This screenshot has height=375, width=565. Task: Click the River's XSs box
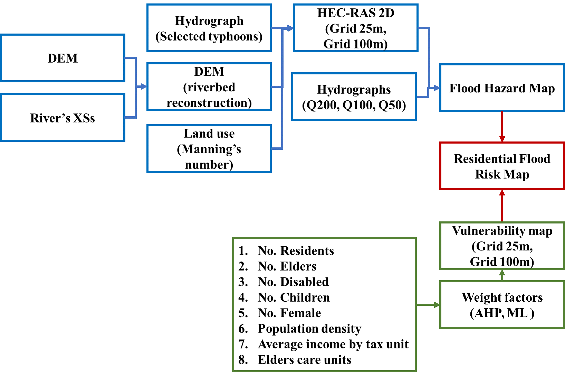[x=63, y=118]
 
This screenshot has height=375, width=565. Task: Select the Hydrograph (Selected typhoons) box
[x=209, y=28]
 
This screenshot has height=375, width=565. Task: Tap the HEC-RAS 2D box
[x=355, y=28]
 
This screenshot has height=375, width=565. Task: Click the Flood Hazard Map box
[x=502, y=88]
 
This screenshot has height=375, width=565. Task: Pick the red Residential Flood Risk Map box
[x=502, y=166]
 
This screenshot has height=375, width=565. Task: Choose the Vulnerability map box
[x=502, y=246]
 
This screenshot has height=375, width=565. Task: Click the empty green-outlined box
[x=502, y=305]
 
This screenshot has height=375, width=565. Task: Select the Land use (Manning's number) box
[x=209, y=149]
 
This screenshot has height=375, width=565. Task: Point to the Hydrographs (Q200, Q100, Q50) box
[x=354, y=97]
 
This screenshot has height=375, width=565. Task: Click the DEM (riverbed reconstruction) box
[x=209, y=87]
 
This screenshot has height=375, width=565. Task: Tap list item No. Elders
[x=287, y=266]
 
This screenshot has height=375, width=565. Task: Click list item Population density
[x=309, y=329]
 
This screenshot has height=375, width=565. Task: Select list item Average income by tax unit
[x=333, y=344]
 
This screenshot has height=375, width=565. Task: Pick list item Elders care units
[x=304, y=360]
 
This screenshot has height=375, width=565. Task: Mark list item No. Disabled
[x=293, y=282]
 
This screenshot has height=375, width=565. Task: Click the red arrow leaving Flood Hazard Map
[x=502, y=127]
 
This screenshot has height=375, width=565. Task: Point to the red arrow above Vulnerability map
[x=502, y=206]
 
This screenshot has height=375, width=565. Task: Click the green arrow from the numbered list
[x=428, y=305]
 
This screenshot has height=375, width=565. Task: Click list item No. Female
[x=289, y=313]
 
